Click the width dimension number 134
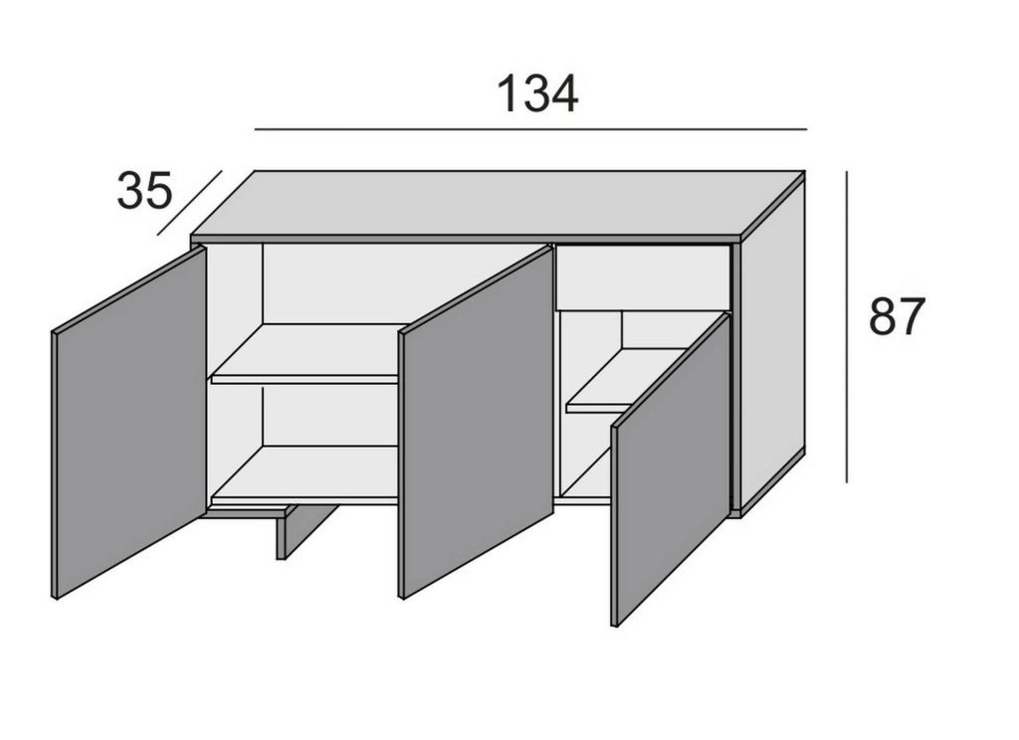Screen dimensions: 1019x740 536,94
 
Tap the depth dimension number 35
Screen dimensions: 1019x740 145,190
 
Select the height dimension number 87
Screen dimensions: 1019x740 897,316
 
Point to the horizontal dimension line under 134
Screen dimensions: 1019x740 530,129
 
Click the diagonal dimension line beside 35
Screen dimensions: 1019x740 190,203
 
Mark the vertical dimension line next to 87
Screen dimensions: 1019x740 847,327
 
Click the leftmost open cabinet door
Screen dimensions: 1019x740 128,423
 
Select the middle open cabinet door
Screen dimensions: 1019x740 476,423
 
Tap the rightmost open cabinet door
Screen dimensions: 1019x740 672,469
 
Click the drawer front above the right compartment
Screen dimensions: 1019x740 644,277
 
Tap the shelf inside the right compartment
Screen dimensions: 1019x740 625,380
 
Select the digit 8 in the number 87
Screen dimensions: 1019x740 884,316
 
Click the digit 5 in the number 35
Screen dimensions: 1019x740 159,190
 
